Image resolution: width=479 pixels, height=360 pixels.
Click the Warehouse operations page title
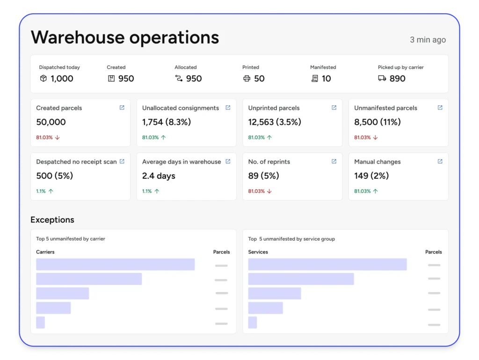[124, 37]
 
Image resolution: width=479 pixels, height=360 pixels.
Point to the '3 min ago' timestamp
[428, 40]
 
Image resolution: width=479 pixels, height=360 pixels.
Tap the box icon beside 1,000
[43, 79]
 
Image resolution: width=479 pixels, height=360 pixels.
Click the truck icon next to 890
[382, 79]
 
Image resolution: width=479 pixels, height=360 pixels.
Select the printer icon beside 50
[247, 79]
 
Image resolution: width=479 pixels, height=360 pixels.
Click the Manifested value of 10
[326, 79]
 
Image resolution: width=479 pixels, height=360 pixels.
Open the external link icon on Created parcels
[122, 108]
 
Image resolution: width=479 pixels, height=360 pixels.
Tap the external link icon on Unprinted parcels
[334, 108]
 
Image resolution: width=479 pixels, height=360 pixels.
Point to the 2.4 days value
[159, 176]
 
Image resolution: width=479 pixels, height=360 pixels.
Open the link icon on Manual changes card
[440, 162]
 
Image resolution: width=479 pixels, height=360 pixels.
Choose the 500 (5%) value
[54, 176]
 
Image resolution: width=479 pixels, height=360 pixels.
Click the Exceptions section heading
[52, 220]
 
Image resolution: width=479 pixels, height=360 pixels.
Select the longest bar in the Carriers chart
[115, 264]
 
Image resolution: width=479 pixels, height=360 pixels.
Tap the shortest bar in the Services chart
[253, 323]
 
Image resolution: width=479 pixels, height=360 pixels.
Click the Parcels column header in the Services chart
[433, 252]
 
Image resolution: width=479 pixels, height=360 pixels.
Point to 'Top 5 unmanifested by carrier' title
[71, 239]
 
